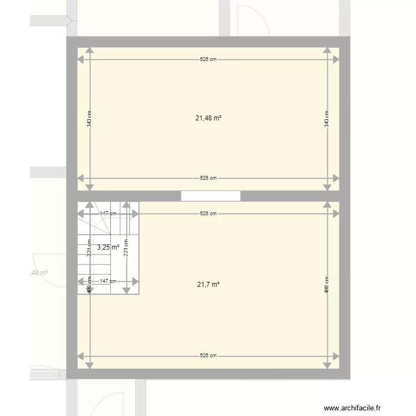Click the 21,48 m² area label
pos(209,118)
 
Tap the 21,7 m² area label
pos(209,285)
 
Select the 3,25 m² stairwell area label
pos(108,247)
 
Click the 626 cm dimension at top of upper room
pos(209,59)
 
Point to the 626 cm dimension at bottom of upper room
pos(209,178)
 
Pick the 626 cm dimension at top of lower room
pos(209,214)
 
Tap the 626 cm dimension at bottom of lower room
pos(209,356)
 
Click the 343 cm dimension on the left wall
pos(89,118)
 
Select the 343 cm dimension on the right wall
pos(327,118)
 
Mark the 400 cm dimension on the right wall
pos(327,285)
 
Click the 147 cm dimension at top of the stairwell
pos(108,214)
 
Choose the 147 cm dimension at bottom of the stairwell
pos(108,281)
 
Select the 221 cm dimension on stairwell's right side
pos(126,247)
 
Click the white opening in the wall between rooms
pos(211,196)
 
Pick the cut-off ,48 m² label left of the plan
pos(38,272)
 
